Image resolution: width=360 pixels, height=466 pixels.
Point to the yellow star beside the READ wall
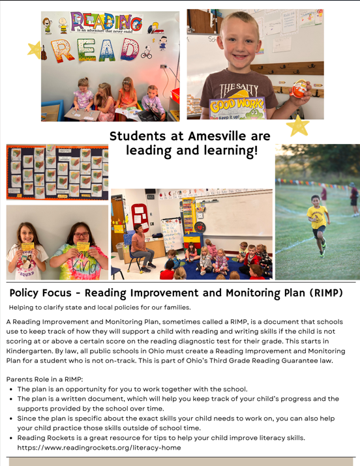(x=35, y=50)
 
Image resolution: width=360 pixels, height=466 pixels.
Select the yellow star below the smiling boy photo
(x=298, y=125)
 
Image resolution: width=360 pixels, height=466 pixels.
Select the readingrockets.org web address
(x=99, y=448)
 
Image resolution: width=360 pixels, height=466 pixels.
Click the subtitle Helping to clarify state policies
(x=100, y=307)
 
